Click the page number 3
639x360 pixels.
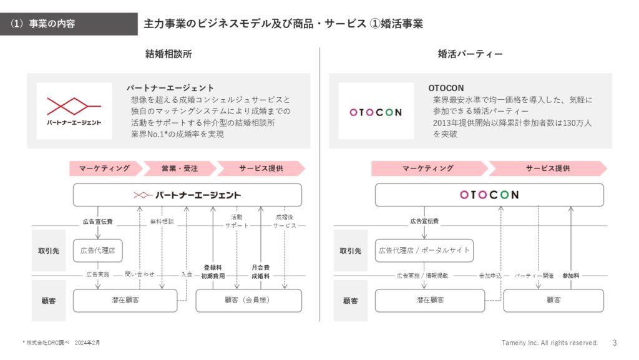[615, 343]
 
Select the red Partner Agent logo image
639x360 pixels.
[74, 111]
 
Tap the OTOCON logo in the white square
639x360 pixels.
[376, 111]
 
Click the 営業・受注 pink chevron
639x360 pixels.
[180, 168]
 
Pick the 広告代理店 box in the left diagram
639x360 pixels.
[98, 250]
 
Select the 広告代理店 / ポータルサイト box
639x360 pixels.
[424, 250]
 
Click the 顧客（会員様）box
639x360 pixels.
[248, 301]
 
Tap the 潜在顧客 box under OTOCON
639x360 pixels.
[430, 301]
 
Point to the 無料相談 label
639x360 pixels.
[162, 221]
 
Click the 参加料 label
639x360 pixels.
[570, 276]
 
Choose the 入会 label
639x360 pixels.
[187, 275]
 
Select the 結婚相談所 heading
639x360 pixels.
[168, 54]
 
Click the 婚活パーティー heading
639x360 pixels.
[471, 54]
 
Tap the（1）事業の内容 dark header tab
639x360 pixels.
[69, 24]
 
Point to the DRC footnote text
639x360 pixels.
[61, 343]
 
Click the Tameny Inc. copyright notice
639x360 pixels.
[549, 343]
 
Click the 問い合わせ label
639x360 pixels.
[140, 275]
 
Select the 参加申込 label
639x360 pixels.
[490, 276]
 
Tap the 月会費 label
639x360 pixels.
[260, 268]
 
